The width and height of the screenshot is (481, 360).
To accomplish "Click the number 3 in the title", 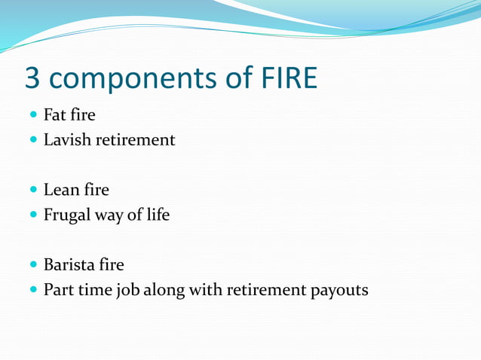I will point(34,78).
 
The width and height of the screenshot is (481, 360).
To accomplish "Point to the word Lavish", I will point(68,140).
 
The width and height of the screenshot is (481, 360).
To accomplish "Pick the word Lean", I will point(60,191).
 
